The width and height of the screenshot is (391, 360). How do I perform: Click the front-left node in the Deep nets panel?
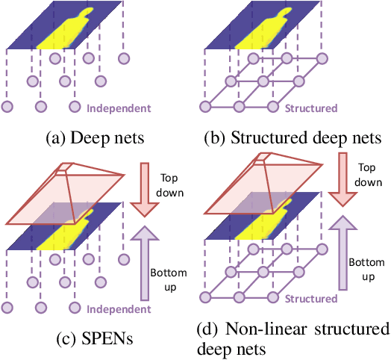click(8, 108)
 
